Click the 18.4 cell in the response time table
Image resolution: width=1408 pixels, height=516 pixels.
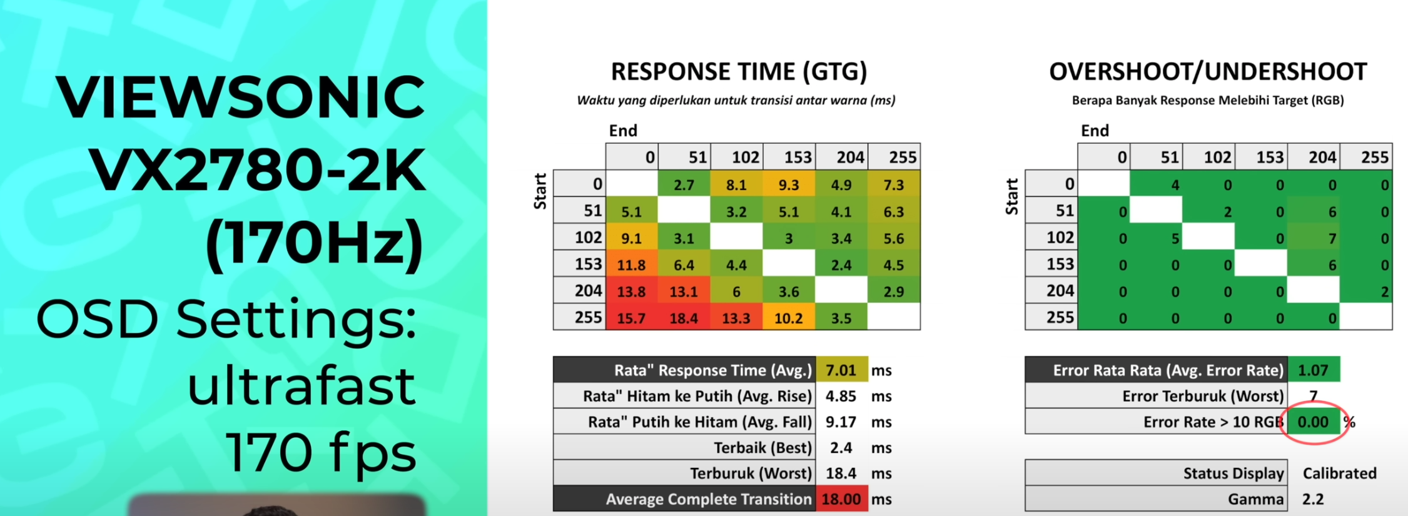(684, 318)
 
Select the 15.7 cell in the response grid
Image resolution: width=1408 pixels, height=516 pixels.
(631, 318)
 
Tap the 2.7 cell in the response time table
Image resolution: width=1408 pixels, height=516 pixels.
(684, 185)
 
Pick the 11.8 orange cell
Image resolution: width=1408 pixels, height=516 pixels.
(631, 265)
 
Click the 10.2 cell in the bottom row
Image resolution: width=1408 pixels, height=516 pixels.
(788, 318)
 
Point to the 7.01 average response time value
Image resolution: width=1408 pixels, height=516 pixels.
(841, 370)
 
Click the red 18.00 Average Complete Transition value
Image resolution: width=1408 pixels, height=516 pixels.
(841, 499)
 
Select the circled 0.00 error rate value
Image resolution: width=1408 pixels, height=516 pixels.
(1312, 422)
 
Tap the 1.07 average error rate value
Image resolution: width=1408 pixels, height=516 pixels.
(1312, 370)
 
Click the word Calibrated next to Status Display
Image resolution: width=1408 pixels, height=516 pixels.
(1339, 473)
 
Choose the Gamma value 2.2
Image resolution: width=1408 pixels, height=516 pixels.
(1313, 499)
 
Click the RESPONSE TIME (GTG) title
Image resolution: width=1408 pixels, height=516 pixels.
(739, 71)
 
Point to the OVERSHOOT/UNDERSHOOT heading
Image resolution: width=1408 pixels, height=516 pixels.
(1208, 71)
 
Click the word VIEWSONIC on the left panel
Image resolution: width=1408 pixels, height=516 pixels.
(240, 96)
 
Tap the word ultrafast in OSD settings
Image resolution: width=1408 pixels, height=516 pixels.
(301, 387)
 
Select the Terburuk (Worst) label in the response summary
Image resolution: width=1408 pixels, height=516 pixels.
(750, 473)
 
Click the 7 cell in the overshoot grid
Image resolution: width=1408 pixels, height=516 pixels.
(1332, 238)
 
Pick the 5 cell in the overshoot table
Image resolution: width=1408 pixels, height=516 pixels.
(1175, 238)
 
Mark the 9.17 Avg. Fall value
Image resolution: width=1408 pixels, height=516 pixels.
(841, 422)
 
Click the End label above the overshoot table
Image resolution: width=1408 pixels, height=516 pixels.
(1095, 131)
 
